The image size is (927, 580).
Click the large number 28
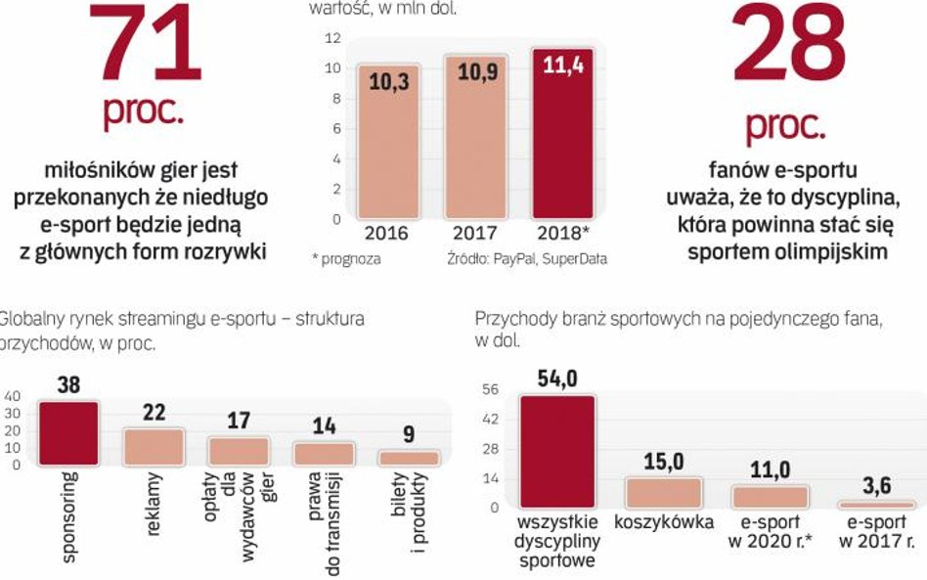pyautogui.click(x=789, y=44)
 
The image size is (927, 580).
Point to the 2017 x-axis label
pyautogui.click(x=475, y=235)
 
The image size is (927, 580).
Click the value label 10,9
pyautogui.click(x=475, y=75)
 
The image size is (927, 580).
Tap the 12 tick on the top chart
pyautogui.click(x=332, y=38)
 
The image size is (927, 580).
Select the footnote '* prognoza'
pyautogui.click(x=346, y=259)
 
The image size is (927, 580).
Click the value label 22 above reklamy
pyautogui.click(x=153, y=414)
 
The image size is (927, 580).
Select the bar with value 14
pyautogui.click(x=323, y=453)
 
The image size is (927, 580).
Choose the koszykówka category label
pyautogui.click(x=664, y=522)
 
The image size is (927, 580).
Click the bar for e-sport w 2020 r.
pyautogui.click(x=772, y=496)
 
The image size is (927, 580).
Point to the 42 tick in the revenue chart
pyautogui.click(x=491, y=418)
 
